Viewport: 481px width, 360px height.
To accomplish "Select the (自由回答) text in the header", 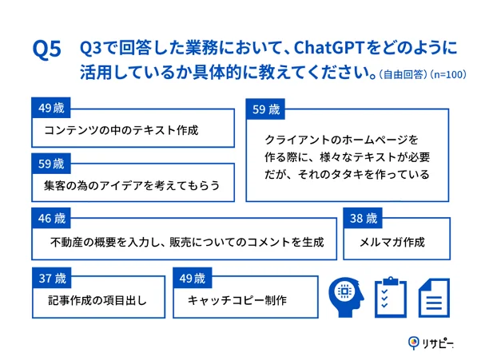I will coord(404,74).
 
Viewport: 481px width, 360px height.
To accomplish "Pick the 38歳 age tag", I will coord(364,217).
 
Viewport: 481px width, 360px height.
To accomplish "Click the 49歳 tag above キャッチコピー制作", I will coord(192,279).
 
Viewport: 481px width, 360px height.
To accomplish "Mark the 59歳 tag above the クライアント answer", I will coord(266,109).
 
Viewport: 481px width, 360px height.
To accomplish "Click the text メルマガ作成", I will coord(394,242).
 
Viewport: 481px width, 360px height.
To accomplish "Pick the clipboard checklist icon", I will coord(391,297).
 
